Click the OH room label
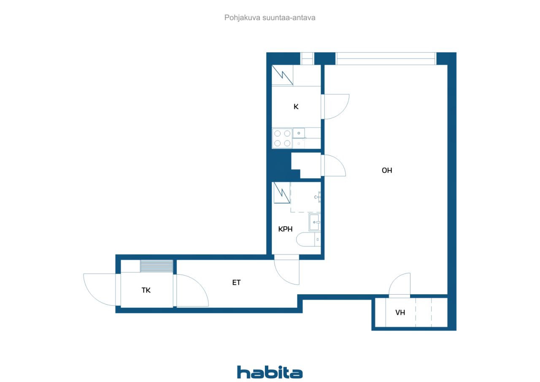(387, 171)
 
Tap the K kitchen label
(296, 107)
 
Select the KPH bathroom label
(285, 229)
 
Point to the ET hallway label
(236, 282)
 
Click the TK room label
(146, 290)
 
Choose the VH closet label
(400, 312)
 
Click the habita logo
(270, 372)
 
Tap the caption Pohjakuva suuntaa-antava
(270, 18)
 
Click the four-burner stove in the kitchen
(282, 138)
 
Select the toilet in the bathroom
(308, 239)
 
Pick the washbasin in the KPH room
(315, 222)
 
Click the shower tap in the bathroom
(318, 197)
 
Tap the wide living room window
(386, 59)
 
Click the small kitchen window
(307, 59)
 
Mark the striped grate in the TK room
(157, 266)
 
